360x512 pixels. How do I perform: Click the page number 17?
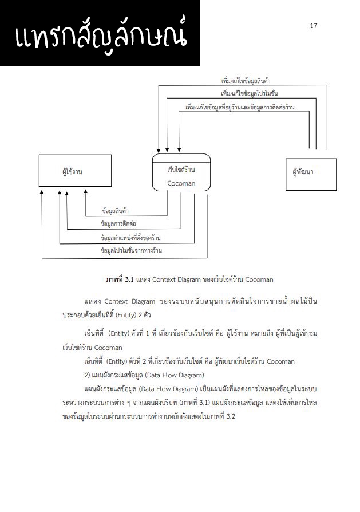pyautogui.click(x=313, y=26)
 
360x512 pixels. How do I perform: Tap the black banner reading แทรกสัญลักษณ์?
pyautogui.click(x=100, y=33)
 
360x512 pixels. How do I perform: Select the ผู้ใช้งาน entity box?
pyautogui.click(x=72, y=171)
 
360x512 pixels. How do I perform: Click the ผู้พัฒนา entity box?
pyautogui.click(x=310, y=171)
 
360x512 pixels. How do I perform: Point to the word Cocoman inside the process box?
pyautogui.click(x=181, y=183)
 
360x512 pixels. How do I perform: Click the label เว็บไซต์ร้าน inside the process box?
pyautogui.click(x=181, y=170)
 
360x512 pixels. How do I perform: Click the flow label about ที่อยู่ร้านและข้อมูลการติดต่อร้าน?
pyautogui.click(x=240, y=107)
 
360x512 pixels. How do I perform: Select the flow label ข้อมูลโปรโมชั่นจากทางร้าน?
pyautogui.click(x=131, y=250)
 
